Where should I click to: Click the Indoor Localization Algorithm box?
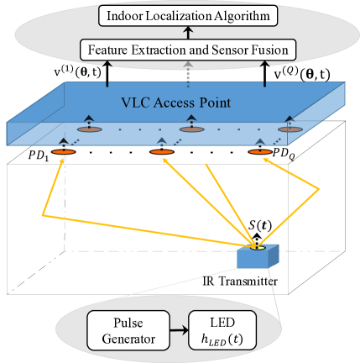click(188, 14)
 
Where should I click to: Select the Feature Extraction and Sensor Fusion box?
click(188, 50)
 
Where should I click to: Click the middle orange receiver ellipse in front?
click(161, 152)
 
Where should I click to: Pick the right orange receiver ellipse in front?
click(260, 152)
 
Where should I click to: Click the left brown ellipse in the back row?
click(88, 129)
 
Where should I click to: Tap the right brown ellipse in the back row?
click(290, 129)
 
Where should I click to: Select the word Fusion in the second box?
click(269, 50)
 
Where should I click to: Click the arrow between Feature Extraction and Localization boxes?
click(188, 33)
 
